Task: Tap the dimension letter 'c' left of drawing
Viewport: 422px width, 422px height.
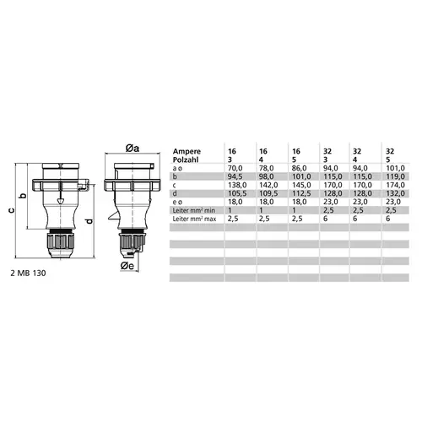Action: (9, 201)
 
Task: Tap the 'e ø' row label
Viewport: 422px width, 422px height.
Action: (178, 203)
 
